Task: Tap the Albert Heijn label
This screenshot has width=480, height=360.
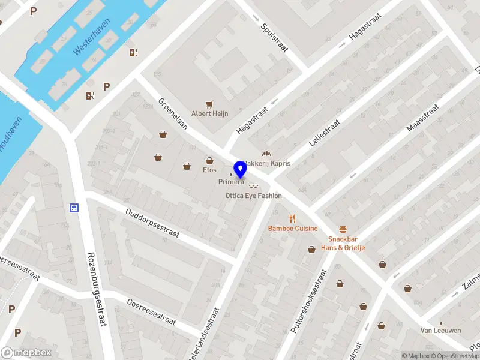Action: pos(209,113)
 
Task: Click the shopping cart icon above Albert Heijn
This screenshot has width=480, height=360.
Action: pos(209,104)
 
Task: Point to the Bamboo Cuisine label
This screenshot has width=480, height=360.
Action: pos(292,229)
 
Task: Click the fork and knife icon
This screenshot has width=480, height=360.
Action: pos(292,218)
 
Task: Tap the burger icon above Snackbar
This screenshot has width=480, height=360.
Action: pos(343,229)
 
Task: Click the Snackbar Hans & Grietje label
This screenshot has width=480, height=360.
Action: pos(343,243)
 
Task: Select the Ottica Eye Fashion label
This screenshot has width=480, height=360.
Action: pos(253,196)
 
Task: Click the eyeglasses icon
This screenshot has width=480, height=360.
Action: pos(253,186)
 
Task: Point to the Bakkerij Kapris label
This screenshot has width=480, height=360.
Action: pos(268,163)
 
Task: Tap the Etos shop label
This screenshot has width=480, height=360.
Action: pos(209,170)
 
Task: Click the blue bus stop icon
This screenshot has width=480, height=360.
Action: pos(74,208)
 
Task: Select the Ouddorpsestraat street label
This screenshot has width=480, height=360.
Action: pos(152,223)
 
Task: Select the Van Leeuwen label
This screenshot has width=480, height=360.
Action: pos(440,331)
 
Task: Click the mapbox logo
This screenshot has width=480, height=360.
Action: pos(26,353)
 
